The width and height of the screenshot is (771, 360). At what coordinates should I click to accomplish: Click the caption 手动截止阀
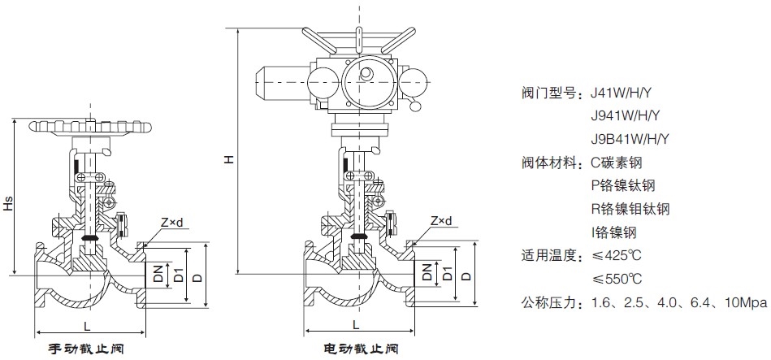86,349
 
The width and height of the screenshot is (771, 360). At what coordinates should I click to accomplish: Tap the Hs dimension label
8,204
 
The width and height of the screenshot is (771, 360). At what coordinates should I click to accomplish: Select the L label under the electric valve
357,325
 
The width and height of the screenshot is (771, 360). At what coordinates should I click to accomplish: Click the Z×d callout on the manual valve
173,221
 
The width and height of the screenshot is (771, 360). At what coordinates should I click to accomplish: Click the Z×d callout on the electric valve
441,221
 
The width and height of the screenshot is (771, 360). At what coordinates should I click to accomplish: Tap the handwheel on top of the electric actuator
355,37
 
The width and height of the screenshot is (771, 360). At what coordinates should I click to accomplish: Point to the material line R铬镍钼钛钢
630,209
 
